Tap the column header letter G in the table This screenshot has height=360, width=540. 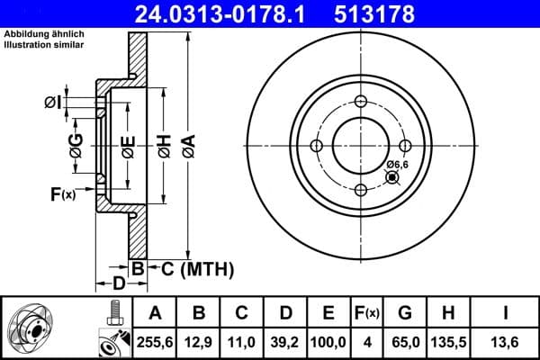tap(404, 313)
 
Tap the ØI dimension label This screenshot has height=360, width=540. tap(52, 102)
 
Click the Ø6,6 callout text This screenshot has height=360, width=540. tap(398, 163)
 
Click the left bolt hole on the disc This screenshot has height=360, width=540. tap(316, 146)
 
